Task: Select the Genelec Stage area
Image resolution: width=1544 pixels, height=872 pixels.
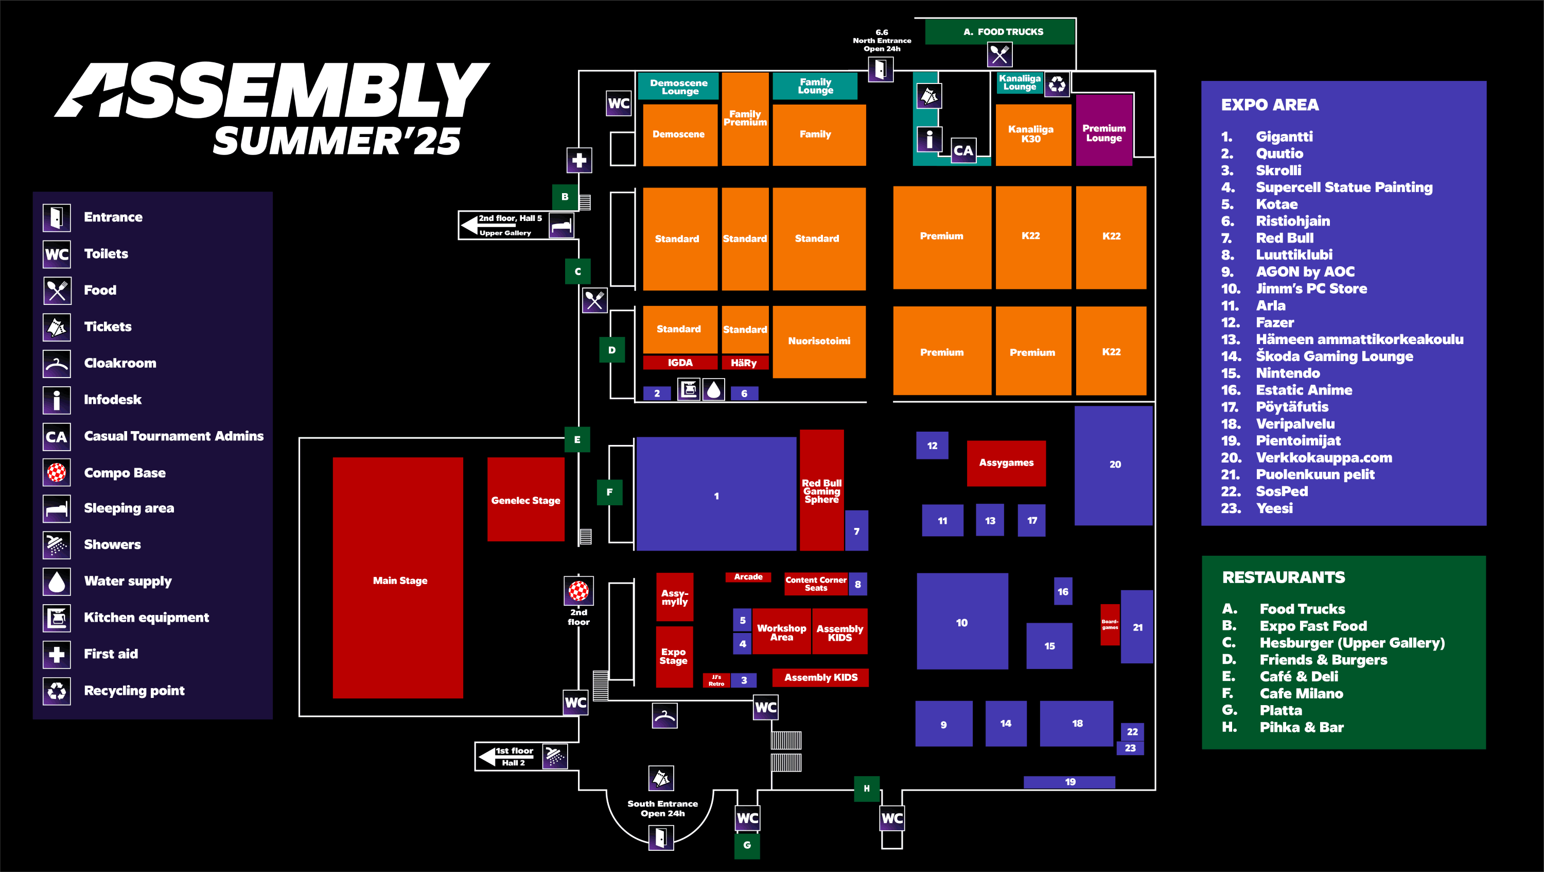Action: [x=525, y=499]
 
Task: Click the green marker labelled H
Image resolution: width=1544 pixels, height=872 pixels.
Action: [x=866, y=788]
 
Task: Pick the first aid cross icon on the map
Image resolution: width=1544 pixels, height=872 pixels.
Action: [x=579, y=160]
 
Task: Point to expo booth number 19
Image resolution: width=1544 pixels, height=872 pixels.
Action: [x=1069, y=781]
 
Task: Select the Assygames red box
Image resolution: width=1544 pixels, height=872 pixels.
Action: [x=1006, y=463]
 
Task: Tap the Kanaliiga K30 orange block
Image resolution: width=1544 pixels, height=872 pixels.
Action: [x=1032, y=134]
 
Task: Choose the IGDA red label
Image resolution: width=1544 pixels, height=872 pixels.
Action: [x=680, y=362]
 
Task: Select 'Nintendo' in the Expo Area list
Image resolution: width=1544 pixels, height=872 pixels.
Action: [x=1288, y=373]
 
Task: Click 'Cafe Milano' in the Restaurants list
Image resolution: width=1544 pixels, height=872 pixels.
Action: [x=1301, y=693]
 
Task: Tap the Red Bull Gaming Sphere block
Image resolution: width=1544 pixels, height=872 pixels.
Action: [x=821, y=490]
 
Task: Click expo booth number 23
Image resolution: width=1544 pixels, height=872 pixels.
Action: [x=1130, y=748]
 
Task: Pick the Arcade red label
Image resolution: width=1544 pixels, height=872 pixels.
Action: [x=748, y=576]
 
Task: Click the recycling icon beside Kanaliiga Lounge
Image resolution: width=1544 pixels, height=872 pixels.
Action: [x=1057, y=84]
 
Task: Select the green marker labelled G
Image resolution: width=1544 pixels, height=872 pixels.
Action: [x=747, y=845]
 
